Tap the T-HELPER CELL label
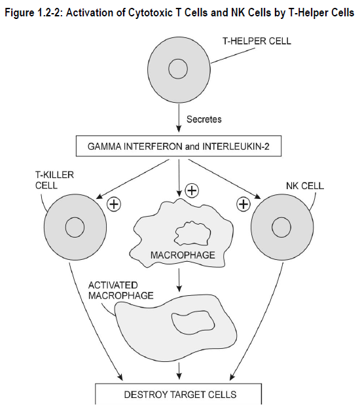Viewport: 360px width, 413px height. [x=257, y=41]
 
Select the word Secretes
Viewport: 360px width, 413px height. [x=204, y=119]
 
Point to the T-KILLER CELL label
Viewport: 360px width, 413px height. [x=54, y=180]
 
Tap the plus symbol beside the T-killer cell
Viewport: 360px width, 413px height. [x=114, y=204]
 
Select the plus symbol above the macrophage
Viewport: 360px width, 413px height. [x=192, y=190]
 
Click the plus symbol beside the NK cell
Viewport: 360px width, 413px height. [x=243, y=204]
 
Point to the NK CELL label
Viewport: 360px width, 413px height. [x=305, y=186]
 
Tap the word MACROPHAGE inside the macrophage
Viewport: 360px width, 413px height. [x=183, y=255]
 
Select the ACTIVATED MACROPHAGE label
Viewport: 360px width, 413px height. [x=121, y=291]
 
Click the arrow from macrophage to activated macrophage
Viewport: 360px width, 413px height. [x=179, y=280]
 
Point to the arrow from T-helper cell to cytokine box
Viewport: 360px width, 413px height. [x=179, y=118]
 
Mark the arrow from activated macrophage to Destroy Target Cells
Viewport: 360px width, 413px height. [x=179, y=371]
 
